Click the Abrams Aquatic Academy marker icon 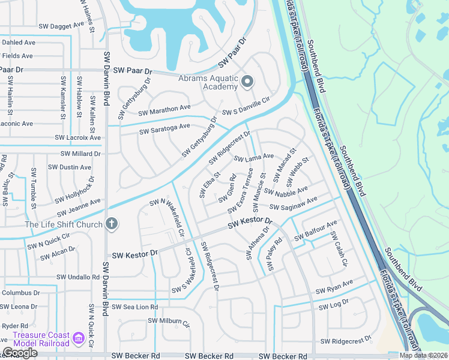(x=247, y=80)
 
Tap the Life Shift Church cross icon (x=110, y=224)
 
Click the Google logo (x=20, y=353)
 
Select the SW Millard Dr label (x=77, y=154)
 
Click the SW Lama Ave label (x=253, y=158)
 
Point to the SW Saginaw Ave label (x=294, y=203)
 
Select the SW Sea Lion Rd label (x=133, y=307)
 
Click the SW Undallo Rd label (x=78, y=277)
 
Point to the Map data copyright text (x=423, y=355)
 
